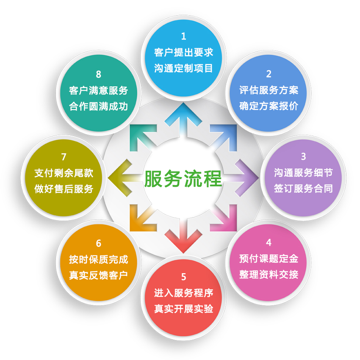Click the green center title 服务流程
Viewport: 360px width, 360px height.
183,178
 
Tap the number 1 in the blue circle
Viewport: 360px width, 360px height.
183,36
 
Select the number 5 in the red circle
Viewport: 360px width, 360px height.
183,277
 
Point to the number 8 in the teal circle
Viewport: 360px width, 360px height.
99,74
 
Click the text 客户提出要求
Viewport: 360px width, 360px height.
183,53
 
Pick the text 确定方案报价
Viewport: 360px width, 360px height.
269,106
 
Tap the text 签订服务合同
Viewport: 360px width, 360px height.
303,188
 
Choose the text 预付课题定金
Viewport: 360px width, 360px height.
269,258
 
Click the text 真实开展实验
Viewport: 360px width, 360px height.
183,309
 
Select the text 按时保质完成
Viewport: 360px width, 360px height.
99,260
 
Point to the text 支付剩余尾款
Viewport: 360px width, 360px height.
64,173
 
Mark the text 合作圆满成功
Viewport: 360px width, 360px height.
99,106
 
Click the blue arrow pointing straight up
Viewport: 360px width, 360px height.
183,119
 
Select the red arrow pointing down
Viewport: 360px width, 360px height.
183,236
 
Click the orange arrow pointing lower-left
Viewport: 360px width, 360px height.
142,219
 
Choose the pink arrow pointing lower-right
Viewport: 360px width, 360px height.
224,219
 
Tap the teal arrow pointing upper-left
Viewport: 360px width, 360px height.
142,137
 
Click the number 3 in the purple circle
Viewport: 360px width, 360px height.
303,156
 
